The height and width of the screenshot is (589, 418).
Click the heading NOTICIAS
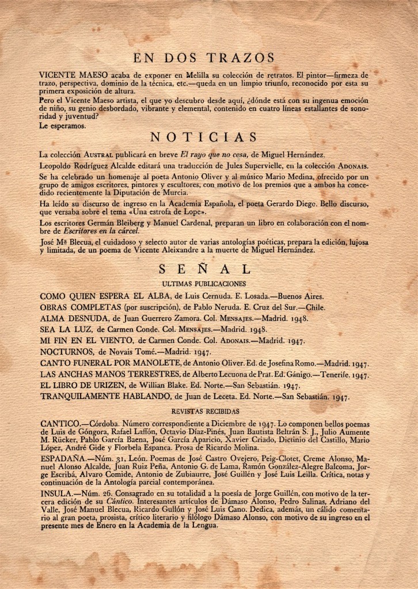(203, 137)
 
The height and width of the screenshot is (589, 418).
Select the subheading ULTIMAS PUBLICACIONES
(204, 284)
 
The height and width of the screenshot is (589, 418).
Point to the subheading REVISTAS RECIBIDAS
(205, 411)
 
